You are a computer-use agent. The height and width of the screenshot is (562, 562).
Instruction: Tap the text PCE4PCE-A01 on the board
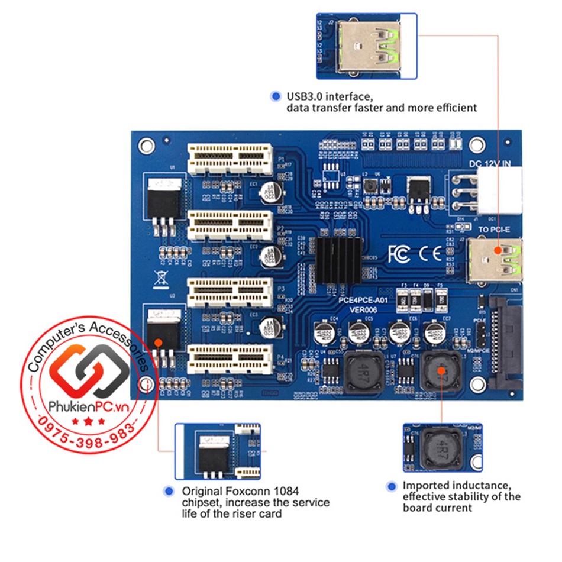[362, 300]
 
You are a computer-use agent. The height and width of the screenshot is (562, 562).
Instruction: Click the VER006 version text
[362, 309]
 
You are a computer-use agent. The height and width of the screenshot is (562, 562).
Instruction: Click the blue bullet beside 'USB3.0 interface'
[275, 96]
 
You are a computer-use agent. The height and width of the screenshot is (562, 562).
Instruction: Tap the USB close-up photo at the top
[367, 46]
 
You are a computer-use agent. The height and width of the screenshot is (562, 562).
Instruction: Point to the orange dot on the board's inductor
[441, 370]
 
